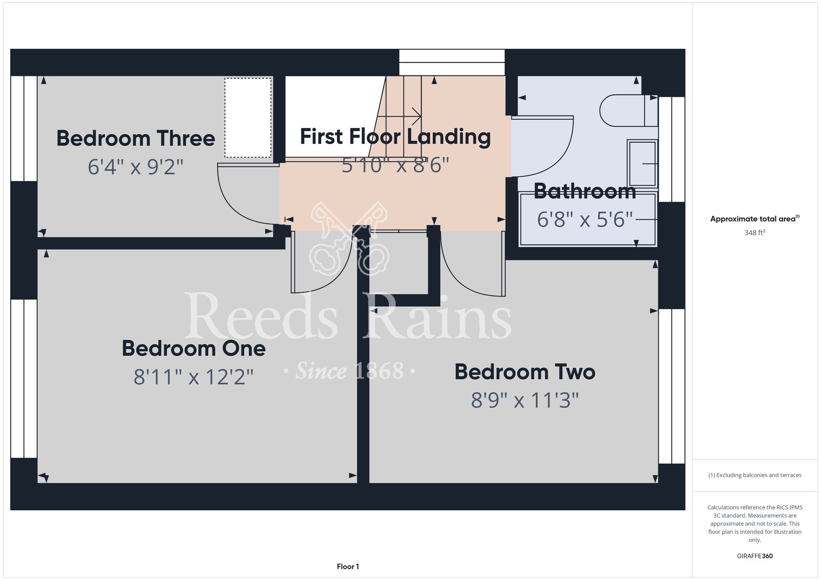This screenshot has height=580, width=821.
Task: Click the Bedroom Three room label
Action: [x=135, y=138]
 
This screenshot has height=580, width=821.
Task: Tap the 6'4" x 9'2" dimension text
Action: [x=135, y=167]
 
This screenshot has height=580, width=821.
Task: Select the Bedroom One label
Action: [x=194, y=348]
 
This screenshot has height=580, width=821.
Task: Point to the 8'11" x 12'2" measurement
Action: [x=194, y=377]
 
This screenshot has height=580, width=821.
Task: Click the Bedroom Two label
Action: [x=525, y=372]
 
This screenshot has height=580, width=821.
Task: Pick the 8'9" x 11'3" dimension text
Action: [x=525, y=400]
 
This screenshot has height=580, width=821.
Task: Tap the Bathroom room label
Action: [x=585, y=191]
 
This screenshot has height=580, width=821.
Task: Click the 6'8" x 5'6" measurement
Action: [x=585, y=219]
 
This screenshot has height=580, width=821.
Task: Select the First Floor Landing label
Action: [x=395, y=137]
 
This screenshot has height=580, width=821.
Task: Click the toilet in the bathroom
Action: [x=628, y=111]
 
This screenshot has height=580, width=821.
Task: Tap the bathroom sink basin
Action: [x=642, y=164]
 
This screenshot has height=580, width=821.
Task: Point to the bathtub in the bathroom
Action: [x=588, y=219]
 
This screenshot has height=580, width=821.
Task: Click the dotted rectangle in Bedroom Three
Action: [x=248, y=118]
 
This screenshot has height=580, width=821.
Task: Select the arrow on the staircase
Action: [x=399, y=116]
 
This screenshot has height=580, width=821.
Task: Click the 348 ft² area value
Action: [x=755, y=233]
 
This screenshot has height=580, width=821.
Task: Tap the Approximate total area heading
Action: [x=755, y=219]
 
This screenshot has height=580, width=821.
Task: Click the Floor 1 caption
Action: [x=348, y=566]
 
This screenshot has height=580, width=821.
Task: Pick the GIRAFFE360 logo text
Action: [x=755, y=556]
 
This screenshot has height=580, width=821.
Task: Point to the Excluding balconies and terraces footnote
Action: [x=755, y=475]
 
